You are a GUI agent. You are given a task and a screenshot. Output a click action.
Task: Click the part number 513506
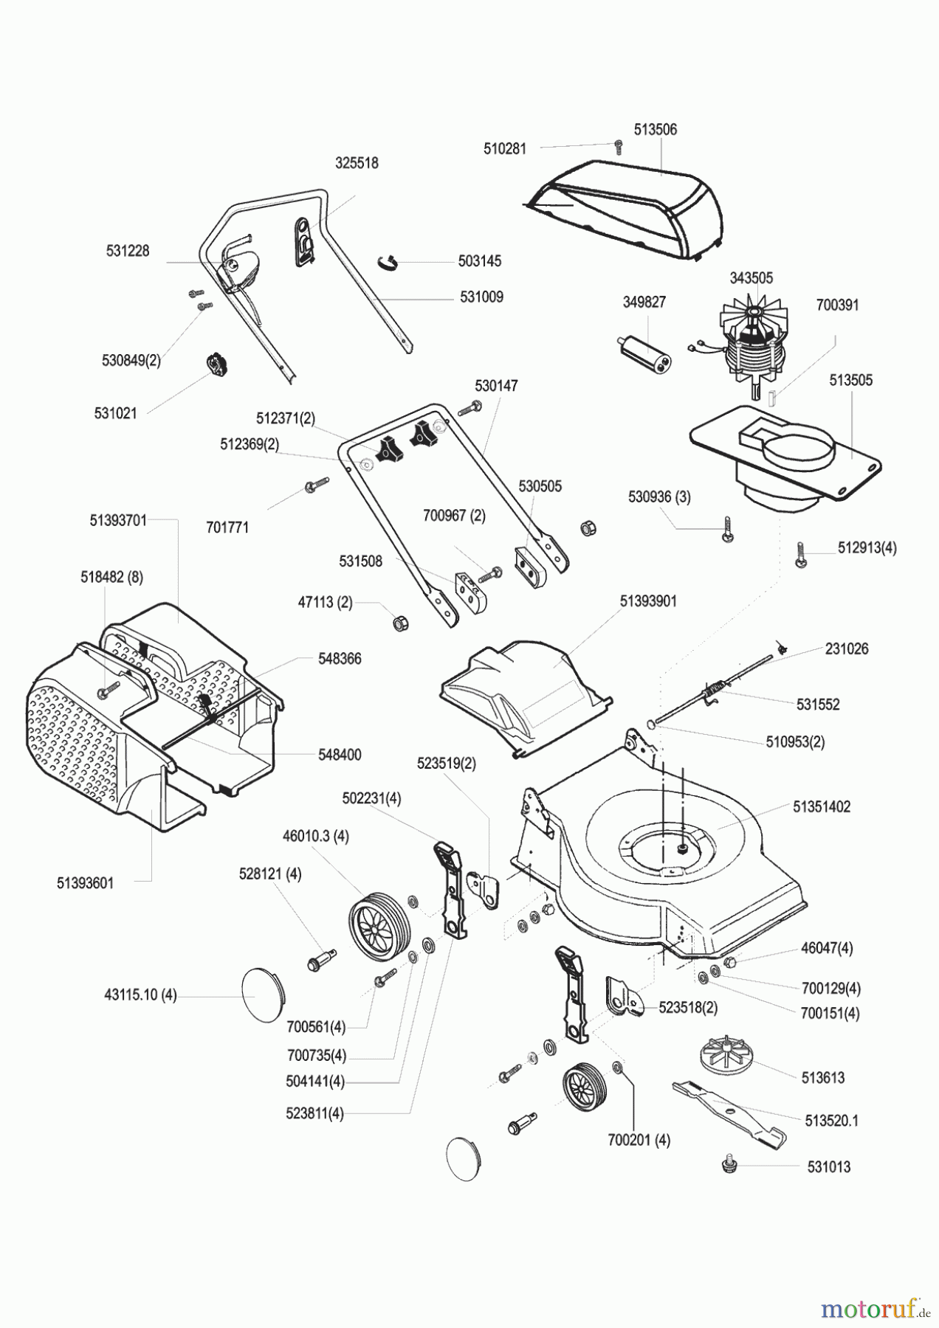(655, 129)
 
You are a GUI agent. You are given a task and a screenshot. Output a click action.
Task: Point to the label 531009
(481, 297)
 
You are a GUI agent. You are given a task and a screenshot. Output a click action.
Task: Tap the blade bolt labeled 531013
(729, 1166)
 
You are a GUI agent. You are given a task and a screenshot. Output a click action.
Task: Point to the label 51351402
(822, 806)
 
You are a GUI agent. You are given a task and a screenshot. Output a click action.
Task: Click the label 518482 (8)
(111, 578)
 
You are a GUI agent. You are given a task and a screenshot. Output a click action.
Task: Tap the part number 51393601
(86, 882)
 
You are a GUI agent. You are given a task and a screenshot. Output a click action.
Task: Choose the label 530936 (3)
(659, 497)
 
